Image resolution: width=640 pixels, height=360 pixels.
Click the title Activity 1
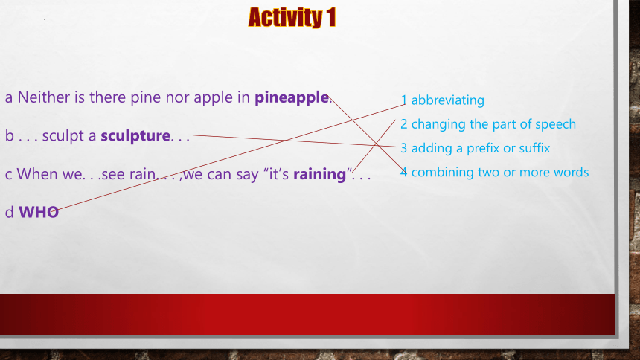[292, 18]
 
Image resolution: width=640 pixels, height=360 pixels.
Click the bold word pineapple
[292, 98]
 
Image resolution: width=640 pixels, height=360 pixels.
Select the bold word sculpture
[135, 136]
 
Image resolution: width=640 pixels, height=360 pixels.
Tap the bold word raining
[319, 175]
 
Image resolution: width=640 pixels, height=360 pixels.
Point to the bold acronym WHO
[39, 212]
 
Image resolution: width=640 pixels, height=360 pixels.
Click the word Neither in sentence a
[44, 97]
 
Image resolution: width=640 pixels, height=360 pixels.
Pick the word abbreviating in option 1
[448, 100]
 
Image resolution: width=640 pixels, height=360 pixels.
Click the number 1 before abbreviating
[403, 100]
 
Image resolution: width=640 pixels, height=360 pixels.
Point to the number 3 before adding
[403, 148]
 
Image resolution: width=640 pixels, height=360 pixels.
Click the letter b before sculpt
[9, 135]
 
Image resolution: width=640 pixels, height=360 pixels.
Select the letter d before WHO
[9, 212]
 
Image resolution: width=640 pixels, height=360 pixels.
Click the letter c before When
[9, 174]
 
